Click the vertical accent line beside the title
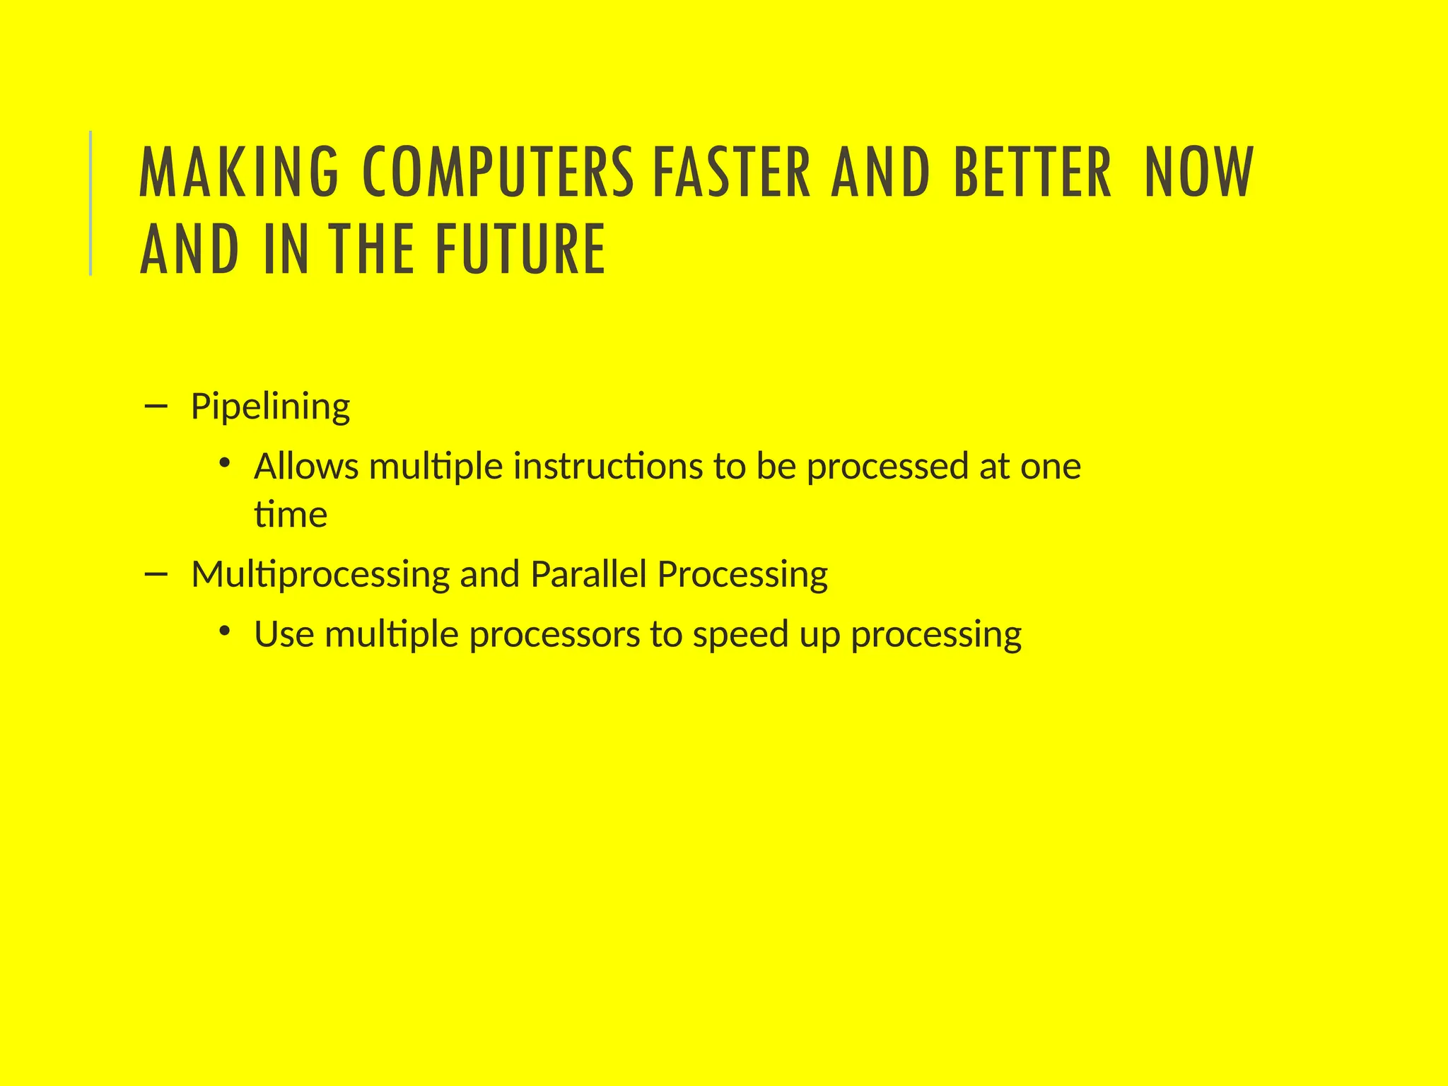90,204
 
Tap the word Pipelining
270,407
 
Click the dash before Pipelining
155,406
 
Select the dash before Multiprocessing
155,573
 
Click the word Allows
306,467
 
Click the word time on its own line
291,514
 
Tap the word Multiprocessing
320,575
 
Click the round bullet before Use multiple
225,631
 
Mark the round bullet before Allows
225,464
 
